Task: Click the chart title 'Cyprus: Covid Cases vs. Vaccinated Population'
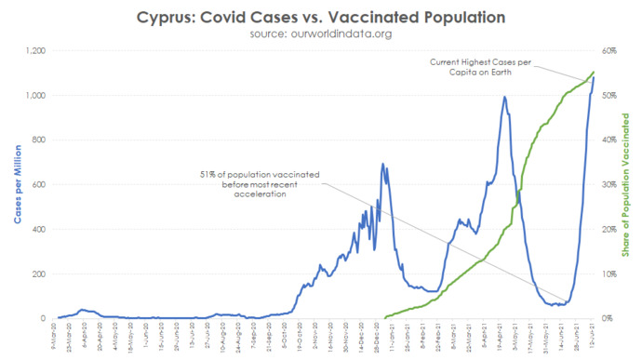point(321,17)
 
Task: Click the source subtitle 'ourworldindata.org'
point(321,33)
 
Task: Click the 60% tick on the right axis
point(609,51)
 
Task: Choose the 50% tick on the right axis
point(609,96)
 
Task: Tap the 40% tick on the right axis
point(609,140)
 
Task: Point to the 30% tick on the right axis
point(609,185)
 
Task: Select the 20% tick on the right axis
point(609,230)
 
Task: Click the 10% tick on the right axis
point(609,274)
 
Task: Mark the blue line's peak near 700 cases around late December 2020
point(382,165)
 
